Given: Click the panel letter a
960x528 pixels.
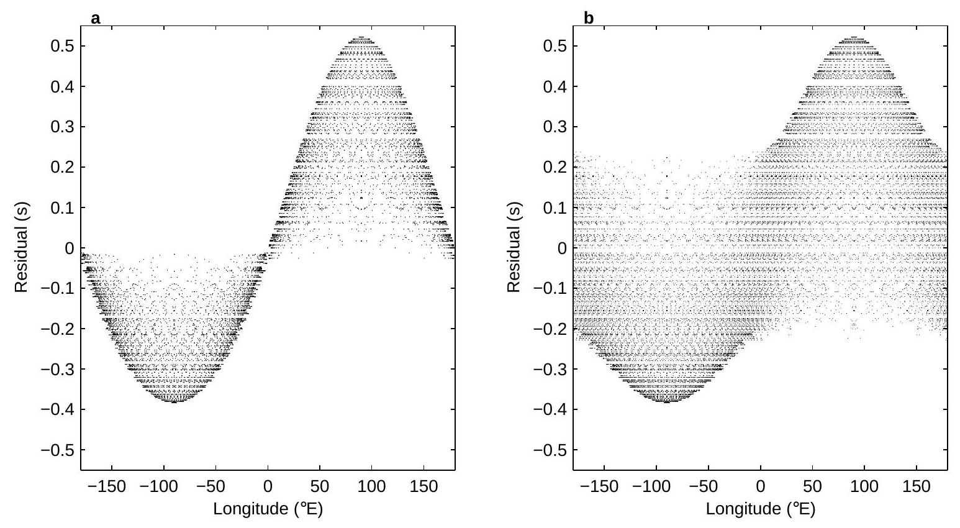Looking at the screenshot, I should [95, 19].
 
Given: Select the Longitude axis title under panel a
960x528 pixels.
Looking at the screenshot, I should [268, 509].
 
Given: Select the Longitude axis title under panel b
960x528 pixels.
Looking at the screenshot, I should [760, 509].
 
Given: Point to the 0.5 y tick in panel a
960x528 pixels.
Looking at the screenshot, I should [61, 46].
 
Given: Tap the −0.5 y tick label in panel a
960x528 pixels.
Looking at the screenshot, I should [57, 449].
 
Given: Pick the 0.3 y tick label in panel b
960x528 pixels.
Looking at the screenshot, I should [553, 127].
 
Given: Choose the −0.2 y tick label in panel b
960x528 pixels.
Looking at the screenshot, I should [549, 329].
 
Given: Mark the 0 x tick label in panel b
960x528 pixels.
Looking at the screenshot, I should [760, 486].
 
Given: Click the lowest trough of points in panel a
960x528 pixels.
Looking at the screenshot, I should [174, 401].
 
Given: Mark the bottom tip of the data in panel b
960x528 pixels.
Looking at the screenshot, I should [667, 401].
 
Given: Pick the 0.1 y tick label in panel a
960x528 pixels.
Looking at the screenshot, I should [61, 207].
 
